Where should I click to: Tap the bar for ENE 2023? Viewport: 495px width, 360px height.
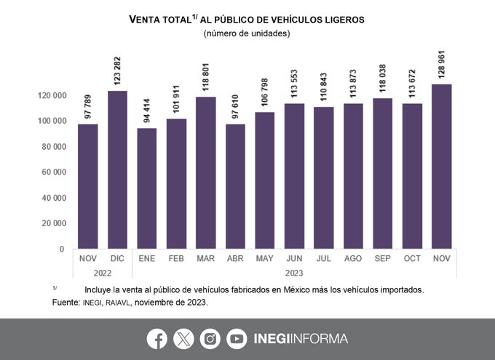[146, 188]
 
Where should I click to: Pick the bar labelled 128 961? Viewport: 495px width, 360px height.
[442, 167]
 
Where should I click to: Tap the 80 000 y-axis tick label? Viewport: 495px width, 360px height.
[51, 147]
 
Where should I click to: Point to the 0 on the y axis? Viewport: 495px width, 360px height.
[61, 249]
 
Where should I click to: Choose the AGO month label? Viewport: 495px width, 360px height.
[354, 259]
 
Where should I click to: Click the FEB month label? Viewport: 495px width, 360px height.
[176, 259]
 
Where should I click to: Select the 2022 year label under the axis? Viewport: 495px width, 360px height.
[103, 273]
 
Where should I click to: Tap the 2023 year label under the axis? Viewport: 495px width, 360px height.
[295, 273]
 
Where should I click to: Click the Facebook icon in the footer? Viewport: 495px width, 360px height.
[157, 338]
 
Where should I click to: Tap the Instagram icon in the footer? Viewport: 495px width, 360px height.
[210, 338]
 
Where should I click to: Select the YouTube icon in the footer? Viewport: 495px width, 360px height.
[237, 338]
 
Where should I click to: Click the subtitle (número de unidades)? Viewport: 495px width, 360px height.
[247, 33]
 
